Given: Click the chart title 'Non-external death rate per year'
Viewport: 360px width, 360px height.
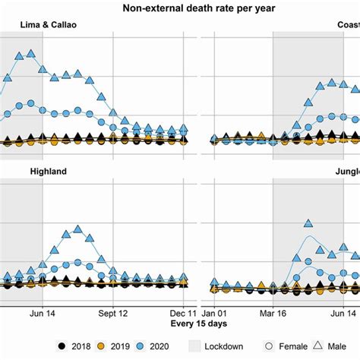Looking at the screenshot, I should point(179,8).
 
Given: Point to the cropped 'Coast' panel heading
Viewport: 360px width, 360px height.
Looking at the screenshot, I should point(348,24).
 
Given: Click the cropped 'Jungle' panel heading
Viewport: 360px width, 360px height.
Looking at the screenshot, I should point(346,172).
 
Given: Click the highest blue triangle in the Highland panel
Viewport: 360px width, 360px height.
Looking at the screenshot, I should point(77,229).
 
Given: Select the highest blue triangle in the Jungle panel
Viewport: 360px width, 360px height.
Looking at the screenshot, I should point(308,223).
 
